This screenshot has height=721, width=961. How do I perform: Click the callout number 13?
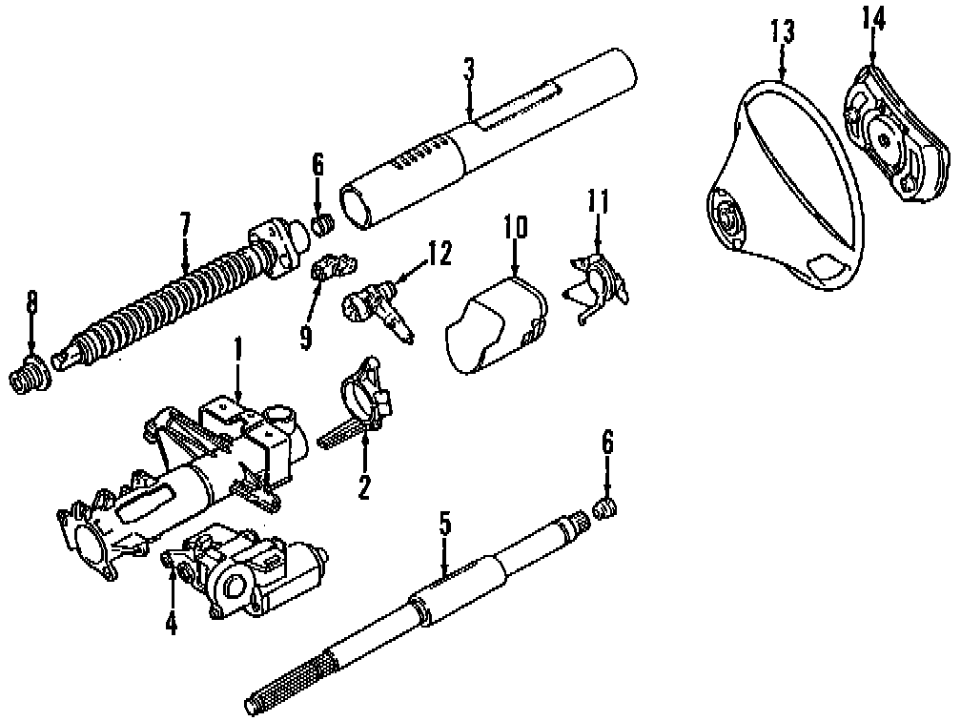781,34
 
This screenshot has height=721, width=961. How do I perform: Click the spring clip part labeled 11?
597,279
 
